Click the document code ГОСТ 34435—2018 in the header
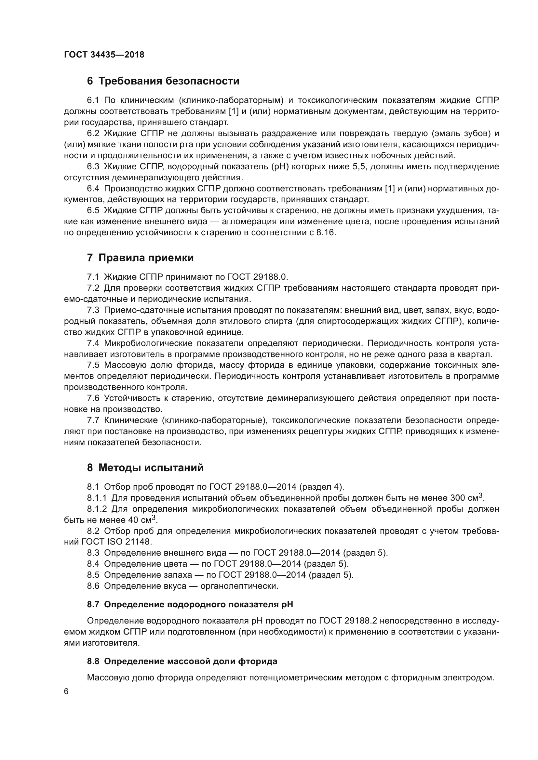point(104,55)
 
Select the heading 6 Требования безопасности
point(163,81)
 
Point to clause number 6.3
point(93,166)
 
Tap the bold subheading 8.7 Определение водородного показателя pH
point(190,605)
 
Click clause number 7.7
point(93,420)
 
